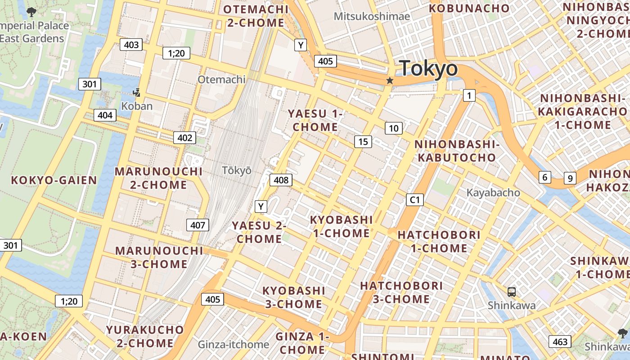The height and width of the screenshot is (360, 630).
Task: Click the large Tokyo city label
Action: coord(428,69)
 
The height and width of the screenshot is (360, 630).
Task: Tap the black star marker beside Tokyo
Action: coord(390,81)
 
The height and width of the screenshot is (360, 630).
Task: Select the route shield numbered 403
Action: coord(131,45)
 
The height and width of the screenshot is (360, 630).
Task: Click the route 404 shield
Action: coord(105,115)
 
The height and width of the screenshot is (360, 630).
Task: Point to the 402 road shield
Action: coord(185,138)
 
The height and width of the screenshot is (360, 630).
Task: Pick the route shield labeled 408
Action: coord(281,180)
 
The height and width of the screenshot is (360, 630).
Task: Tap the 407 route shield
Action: coord(198,225)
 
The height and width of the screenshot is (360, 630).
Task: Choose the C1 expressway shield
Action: coord(414,199)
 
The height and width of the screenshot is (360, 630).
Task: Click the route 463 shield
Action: coord(560,342)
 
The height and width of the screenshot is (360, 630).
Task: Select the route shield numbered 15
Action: coord(363,142)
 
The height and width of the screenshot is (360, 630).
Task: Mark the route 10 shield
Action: coord(393,128)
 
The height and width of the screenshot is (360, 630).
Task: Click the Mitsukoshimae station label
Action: coord(372,17)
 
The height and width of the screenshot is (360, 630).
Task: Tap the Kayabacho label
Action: coord(493,193)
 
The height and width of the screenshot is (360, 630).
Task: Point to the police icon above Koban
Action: coord(137,93)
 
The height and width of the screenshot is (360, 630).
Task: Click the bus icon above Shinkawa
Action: coord(512,292)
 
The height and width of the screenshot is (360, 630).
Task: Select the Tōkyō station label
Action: coord(237,171)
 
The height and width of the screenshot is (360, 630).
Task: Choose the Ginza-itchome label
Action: coord(234,345)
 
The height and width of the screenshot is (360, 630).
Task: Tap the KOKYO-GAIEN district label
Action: coord(54,180)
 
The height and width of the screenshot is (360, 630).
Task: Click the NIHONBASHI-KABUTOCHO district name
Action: coord(456,151)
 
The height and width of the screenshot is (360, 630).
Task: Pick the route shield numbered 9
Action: coord(570,178)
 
